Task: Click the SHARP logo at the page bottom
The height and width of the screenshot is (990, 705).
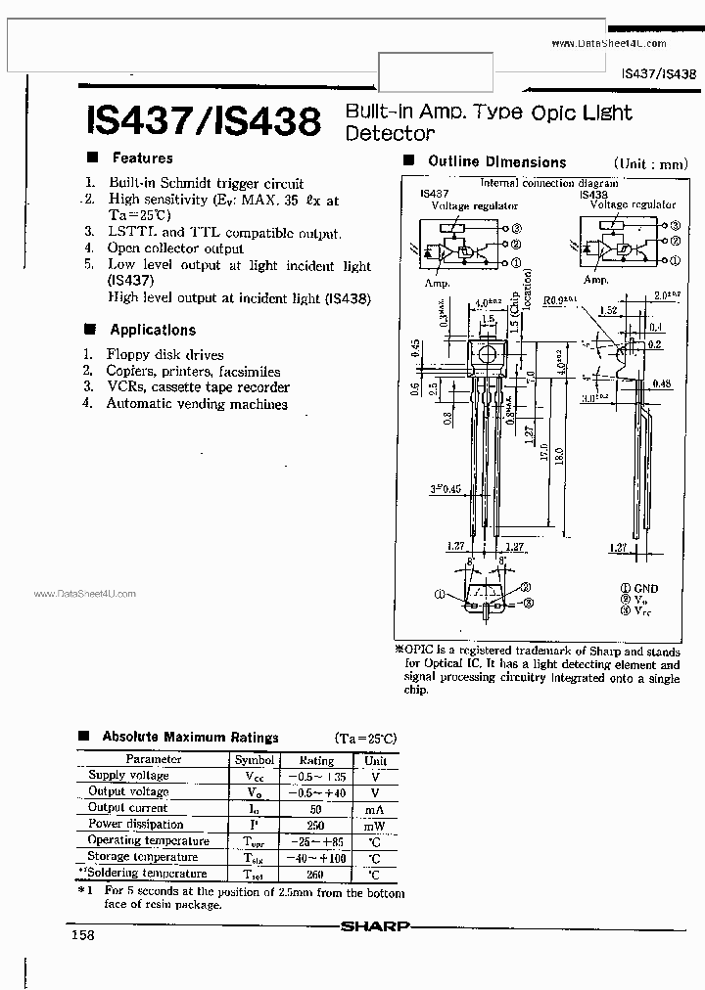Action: (x=375, y=923)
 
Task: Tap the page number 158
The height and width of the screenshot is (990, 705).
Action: (x=82, y=936)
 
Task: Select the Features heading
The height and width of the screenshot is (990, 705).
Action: (x=142, y=157)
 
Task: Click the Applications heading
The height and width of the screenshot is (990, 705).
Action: (x=153, y=330)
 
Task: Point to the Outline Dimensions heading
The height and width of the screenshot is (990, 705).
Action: (x=496, y=162)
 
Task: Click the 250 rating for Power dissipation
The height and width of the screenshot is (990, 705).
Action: (x=316, y=824)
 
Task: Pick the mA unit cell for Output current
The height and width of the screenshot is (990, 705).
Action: (x=376, y=808)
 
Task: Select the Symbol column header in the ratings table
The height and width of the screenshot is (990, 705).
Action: (x=255, y=759)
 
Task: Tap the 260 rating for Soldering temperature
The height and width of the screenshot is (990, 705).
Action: (x=316, y=874)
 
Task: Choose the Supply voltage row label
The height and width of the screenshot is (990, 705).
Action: (x=128, y=775)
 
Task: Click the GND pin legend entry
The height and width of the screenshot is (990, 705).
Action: (x=645, y=588)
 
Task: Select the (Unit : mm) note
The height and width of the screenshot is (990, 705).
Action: (x=650, y=164)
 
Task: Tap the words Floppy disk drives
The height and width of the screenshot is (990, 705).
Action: (x=164, y=355)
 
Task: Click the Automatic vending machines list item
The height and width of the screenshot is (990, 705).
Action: (x=196, y=403)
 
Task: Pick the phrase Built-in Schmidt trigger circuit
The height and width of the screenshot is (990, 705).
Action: (x=206, y=183)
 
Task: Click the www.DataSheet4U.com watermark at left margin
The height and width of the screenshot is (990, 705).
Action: (x=85, y=594)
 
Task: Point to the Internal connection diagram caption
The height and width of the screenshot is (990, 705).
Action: (x=548, y=183)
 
